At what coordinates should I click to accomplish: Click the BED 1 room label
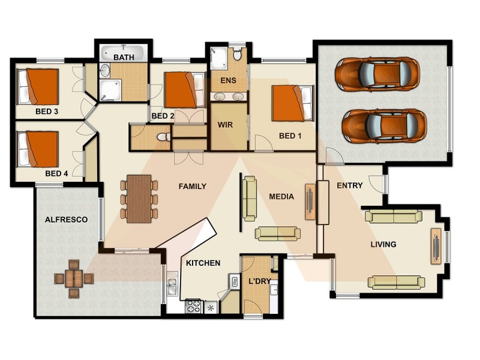(290, 136)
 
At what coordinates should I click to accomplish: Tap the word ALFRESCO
(66, 220)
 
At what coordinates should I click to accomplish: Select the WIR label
(226, 125)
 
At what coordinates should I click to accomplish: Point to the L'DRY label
(259, 281)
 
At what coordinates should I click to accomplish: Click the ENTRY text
(349, 185)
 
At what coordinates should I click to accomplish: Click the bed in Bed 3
(39, 86)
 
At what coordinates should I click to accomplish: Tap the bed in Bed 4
(39, 149)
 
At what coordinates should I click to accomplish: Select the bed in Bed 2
(180, 90)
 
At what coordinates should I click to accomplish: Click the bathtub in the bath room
(123, 53)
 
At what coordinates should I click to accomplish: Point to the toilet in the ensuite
(238, 55)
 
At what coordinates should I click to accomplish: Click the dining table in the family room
(139, 198)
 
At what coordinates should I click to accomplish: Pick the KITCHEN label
(203, 263)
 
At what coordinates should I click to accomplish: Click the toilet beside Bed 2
(161, 138)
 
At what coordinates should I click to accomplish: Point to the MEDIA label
(281, 196)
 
